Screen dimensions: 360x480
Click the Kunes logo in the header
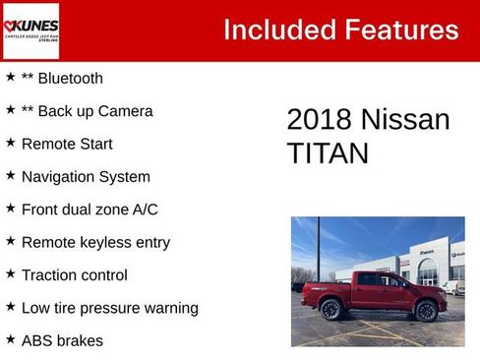(30, 30)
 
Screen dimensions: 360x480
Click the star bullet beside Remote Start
(10, 143)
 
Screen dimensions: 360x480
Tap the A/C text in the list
(144, 210)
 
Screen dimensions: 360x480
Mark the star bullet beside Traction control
(10, 274)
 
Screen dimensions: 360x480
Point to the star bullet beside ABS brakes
(10, 340)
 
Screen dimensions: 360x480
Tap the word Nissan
(405, 120)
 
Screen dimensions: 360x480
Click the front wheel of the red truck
(426, 312)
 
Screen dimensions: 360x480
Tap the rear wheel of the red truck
(330, 311)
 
